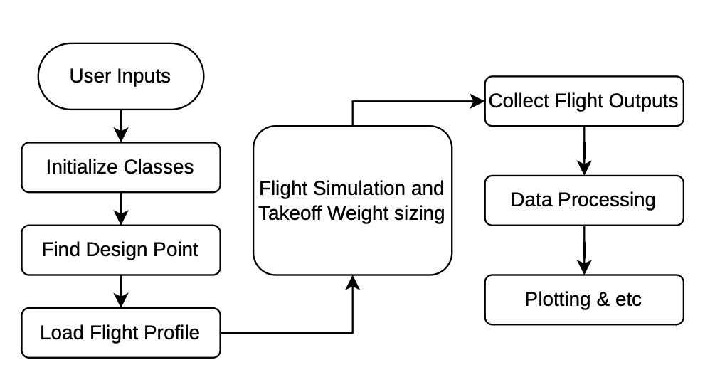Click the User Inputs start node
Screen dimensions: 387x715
[x=120, y=75]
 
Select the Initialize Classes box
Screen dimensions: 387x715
[x=120, y=167]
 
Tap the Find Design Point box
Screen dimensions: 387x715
[x=120, y=250]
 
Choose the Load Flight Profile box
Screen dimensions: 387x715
[x=120, y=332]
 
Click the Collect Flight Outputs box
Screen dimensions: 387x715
[x=583, y=101]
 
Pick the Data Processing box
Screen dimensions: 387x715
[x=583, y=200]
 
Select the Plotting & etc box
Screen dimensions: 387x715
[x=583, y=299]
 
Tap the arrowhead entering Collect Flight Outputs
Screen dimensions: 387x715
[x=477, y=101]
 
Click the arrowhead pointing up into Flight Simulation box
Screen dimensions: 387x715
[x=353, y=283]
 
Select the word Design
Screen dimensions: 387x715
[x=114, y=250]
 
